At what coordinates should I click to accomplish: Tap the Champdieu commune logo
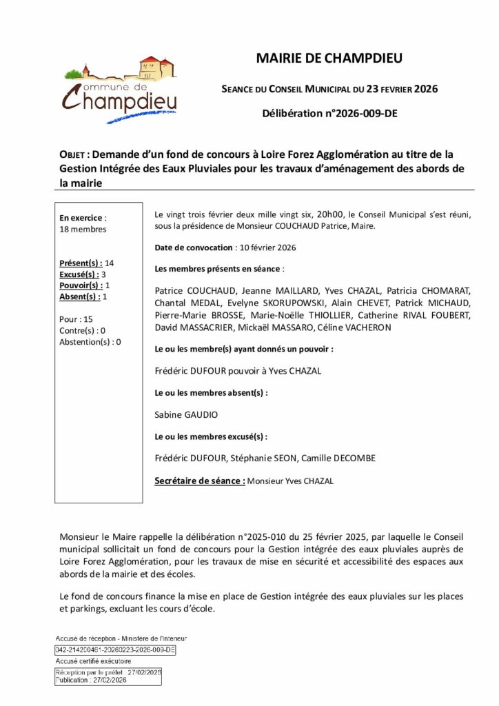[x=121, y=89]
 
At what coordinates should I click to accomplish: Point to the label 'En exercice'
[x=81, y=217]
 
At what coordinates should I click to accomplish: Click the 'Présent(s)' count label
[x=81, y=263]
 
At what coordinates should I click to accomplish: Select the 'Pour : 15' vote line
[x=77, y=319]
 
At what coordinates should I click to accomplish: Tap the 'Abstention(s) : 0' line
[x=90, y=341]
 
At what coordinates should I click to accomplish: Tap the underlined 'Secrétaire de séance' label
[x=199, y=481]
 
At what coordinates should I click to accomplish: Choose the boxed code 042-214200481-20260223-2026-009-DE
[x=115, y=649]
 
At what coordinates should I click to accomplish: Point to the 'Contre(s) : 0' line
[x=83, y=330]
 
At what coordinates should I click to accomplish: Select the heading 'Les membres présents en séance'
[x=218, y=268]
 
